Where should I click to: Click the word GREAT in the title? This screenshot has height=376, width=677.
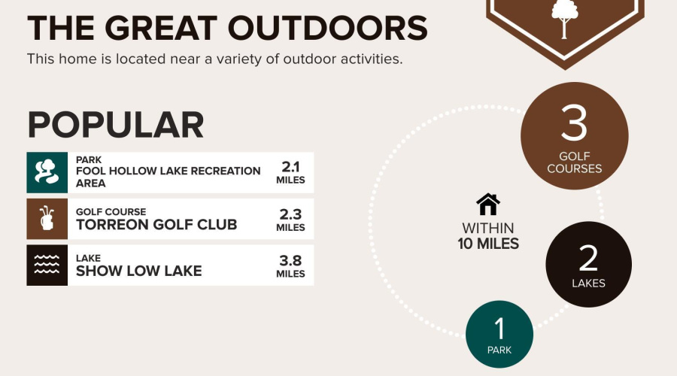coord(161,29)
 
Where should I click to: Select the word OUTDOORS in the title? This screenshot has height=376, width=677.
coord(328,29)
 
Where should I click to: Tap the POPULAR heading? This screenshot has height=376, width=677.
coord(115,125)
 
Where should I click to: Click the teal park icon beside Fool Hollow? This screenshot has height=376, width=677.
coord(47,172)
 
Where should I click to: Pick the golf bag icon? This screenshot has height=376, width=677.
coord(47,219)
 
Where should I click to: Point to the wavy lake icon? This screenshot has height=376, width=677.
coord(47,265)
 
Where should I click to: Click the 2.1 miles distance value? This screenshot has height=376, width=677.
coord(290,172)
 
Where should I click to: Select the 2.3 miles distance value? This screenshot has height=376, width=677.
coord(290,220)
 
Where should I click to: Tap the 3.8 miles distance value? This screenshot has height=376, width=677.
coord(290,266)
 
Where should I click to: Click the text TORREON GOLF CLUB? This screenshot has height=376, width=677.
coord(156,225)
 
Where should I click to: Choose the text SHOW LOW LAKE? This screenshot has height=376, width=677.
coord(138,271)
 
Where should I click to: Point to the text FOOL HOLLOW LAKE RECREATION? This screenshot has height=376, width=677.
coord(168,171)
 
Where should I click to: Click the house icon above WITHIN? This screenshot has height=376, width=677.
coord(488,205)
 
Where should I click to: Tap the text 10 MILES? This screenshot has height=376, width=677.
coord(488,244)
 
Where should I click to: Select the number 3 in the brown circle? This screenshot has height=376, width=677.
coord(574,123)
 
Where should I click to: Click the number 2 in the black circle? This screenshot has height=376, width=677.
coord(588,259)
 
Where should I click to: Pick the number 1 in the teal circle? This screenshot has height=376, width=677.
coord(499,329)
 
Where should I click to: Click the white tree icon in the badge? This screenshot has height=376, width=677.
coord(564,18)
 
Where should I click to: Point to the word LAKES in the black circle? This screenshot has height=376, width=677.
coord(588,284)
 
